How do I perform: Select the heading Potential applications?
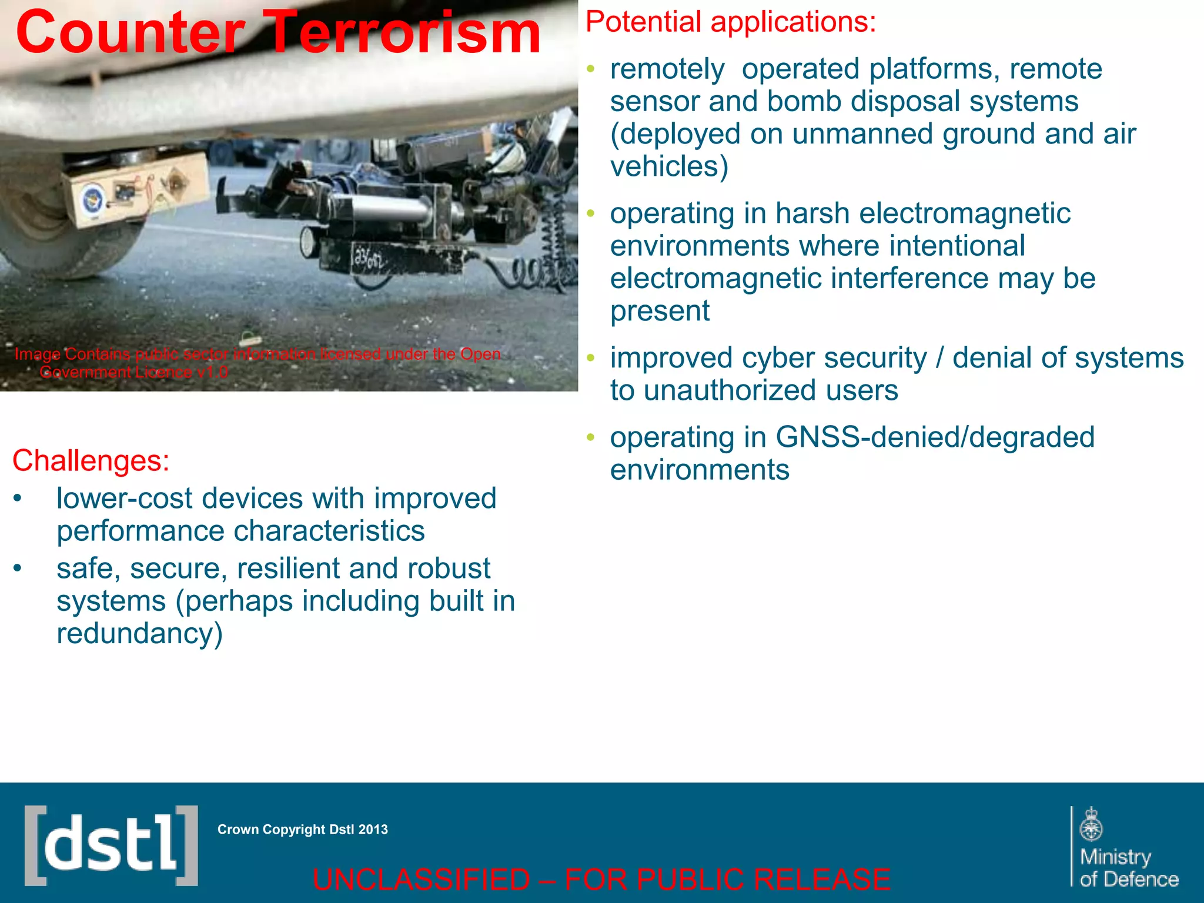pyautogui.click(x=730, y=22)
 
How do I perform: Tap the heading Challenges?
pyautogui.click(x=91, y=460)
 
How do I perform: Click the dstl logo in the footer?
pyautogui.click(x=111, y=845)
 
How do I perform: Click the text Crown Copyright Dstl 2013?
pyautogui.click(x=302, y=830)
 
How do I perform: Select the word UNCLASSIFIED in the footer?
pyautogui.click(x=421, y=879)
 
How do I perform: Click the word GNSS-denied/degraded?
pyautogui.click(x=935, y=437)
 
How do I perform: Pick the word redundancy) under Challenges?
pyautogui.click(x=140, y=634)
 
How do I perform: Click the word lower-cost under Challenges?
pyautogui.click(x=124, y=499)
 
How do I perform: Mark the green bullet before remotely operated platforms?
pyautogui.click(x=591, y=69)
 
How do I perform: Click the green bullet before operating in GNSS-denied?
pyautogui.click(x=591, y=437)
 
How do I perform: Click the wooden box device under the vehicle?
pyautogui.click(x=138, y=188)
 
